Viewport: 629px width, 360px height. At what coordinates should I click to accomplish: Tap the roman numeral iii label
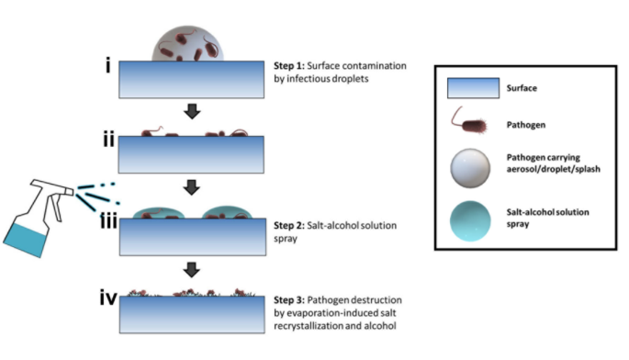[109, 224]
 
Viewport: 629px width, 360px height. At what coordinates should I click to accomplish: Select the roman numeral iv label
[109, 298]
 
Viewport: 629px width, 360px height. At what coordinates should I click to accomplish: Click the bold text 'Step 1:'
[293, 68]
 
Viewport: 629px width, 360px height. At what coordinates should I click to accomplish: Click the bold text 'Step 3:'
[293, 300]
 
